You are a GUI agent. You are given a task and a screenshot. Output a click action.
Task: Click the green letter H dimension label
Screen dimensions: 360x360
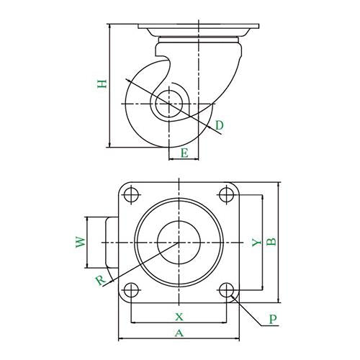(102, 84)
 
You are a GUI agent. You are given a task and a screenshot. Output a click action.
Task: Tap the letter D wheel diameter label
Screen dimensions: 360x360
(219, 125)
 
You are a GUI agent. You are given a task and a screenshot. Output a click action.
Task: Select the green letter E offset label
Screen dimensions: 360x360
(184, 153)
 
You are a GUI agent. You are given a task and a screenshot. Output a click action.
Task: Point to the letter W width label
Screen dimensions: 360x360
(81, 242)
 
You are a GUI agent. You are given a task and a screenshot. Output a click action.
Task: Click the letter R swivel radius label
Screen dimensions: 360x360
(101, 281)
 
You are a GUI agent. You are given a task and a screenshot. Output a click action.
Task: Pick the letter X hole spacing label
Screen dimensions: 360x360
(179, 317)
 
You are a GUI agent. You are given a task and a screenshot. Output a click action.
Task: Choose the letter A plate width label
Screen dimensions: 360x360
(179, 333)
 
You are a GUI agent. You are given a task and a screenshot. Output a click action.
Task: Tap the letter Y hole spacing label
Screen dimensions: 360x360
(256, 243)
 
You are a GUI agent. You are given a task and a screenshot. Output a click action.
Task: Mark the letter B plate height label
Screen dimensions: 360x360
(271, 242)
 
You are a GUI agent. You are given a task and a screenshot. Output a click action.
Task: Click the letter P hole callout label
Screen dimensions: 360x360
(273, 320)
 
